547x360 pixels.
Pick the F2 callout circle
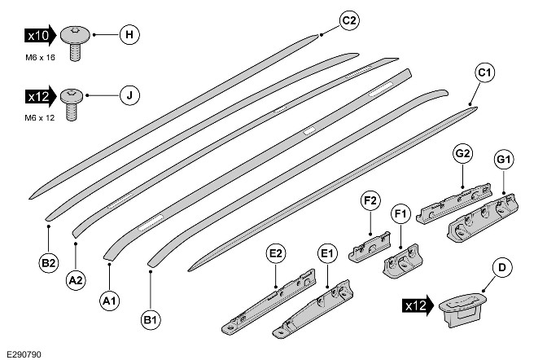point(370,199)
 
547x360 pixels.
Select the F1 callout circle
point(400,215)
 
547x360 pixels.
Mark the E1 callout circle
point(327,254)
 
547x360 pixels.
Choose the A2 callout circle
point(76,279)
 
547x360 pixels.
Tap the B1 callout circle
point(151,320)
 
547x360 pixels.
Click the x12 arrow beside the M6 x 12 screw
point(40,96)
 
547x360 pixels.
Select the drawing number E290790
point(23,353)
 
